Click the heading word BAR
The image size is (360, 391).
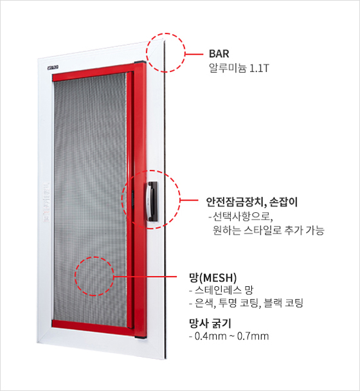tap(219, 53)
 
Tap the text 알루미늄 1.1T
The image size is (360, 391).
tap(239, 68)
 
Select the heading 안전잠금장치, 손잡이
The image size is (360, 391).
tap(252, 202)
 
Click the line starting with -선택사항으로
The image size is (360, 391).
tap(241, 217)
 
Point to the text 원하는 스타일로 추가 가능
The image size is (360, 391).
tap(268, 230)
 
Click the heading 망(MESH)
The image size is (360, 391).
tap(213, 278)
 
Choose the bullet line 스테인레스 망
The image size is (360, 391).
tap(221, 290)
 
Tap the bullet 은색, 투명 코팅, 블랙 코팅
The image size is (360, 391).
tap(246, 303)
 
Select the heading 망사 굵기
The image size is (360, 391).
tap(210, 323)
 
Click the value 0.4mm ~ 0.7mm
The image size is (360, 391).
tap(229, 336)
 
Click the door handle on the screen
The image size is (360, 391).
tap(152, 201)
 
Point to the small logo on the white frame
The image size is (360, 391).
tap(53, 68)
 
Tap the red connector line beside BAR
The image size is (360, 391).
tap(194, 53)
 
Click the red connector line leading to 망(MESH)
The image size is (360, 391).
tap(145, 277)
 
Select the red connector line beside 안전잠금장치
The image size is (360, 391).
tap(189, 200)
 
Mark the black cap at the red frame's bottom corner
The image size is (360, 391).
tap(140, 337)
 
